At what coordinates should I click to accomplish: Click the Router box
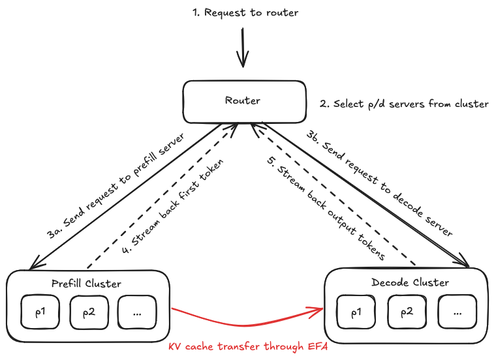point(243,100)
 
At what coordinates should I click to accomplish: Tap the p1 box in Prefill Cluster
point(41,312)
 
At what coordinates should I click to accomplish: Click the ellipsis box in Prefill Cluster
point(137,312)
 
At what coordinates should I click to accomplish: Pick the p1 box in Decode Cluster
point(356,312)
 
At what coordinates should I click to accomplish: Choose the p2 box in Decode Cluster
point(406,312)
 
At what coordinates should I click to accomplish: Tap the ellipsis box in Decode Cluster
point(457,312)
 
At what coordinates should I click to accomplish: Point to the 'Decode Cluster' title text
point(410,282)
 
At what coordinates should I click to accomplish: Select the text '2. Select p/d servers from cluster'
point(404,104)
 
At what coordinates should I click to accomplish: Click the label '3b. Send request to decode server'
point(379,183)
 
